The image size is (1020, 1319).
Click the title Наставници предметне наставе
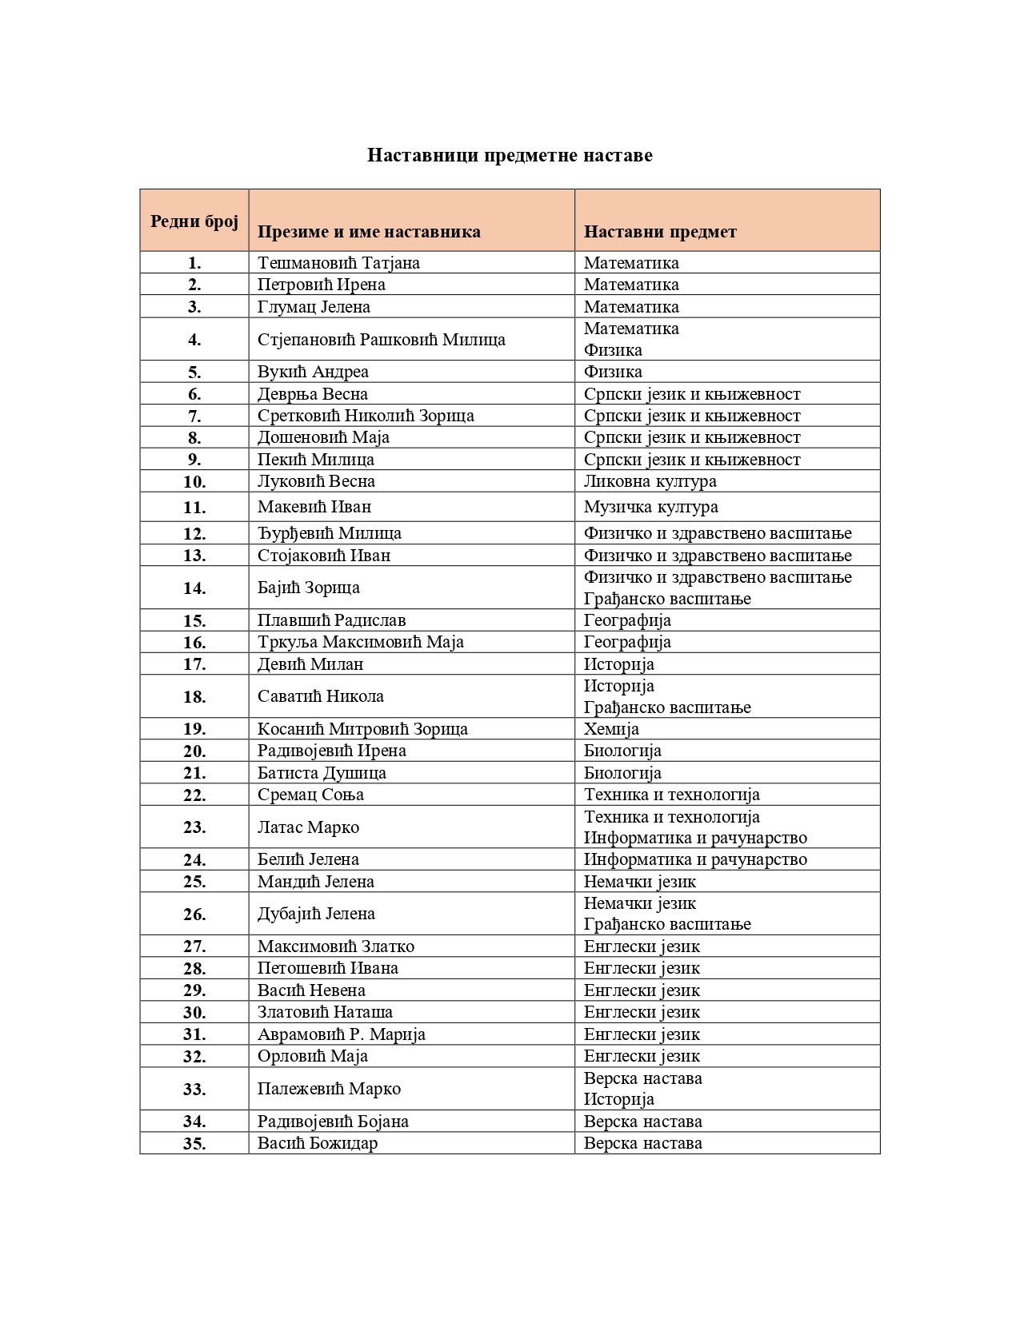tap(510, 155)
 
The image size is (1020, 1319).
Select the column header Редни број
tap(194, 221)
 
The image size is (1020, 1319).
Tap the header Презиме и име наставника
tap(369, 232)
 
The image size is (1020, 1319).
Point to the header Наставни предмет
tap(660, 232)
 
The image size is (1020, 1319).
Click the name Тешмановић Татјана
tap(338, 263)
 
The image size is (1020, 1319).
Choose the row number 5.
tap(194, 373)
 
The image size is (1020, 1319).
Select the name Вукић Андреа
tap(313, 372)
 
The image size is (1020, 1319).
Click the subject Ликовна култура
tap(650, 481)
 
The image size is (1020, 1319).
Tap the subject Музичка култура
tap(650, 507)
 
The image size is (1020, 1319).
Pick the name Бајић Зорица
tap(309, 588)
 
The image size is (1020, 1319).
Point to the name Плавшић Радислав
tap(331, 620)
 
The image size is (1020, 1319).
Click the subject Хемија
tap(611, 729)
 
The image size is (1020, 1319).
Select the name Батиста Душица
tap(322, 773)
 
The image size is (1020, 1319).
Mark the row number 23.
tap(194, 827)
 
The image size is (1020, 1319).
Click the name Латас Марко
tap(308, 827)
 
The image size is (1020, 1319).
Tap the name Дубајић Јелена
tap(316, 914)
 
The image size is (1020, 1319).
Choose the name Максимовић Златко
tap(336, 946)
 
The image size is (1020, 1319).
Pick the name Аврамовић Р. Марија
tap(342, 1034)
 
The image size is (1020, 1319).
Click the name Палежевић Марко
tap(329, 1089)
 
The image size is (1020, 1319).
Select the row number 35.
tap(194, 1144)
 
